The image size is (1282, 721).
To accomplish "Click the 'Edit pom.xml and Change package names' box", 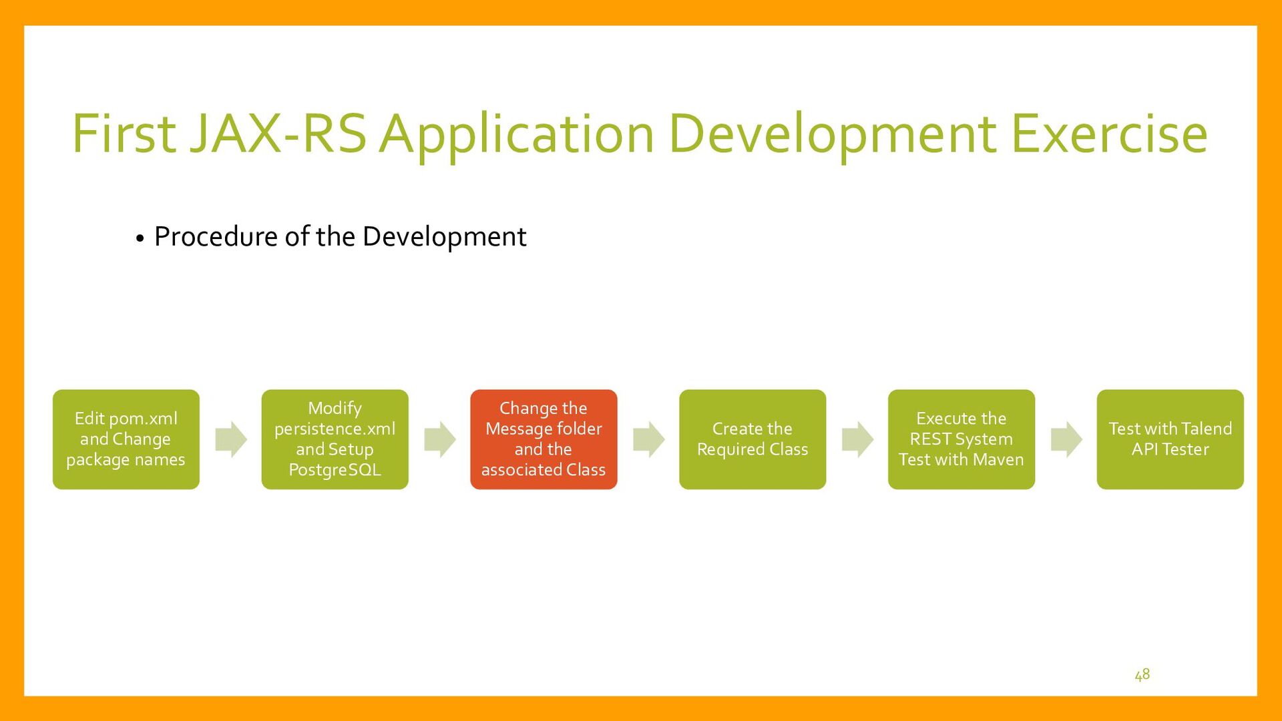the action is [126, 439].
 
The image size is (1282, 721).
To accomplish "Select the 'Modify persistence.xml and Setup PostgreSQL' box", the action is [335, 439].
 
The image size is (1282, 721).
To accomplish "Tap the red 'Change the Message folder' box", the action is [544, 439].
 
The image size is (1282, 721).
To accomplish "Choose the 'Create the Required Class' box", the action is [753, 439].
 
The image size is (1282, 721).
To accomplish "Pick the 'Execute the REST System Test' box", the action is [961, 439].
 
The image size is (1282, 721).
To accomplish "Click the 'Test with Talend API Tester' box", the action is [1170, 439].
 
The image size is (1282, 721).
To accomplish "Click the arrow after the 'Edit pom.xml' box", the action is [231, 439].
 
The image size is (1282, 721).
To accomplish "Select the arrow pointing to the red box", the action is [440, 439].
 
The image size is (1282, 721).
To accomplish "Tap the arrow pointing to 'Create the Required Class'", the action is [649, 439].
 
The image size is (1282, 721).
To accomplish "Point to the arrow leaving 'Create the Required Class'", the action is [858, 439].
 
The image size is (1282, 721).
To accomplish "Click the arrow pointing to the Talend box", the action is [1066, 439].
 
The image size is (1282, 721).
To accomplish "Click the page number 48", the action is [1142, 675].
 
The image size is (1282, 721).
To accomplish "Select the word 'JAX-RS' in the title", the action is [278, 134].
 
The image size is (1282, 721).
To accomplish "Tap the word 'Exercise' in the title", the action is [1110, 134].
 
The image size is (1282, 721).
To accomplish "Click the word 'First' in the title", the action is [124, 134].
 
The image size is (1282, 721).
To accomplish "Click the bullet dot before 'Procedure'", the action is [140, 239].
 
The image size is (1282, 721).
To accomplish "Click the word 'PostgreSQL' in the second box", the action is [335, 470].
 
